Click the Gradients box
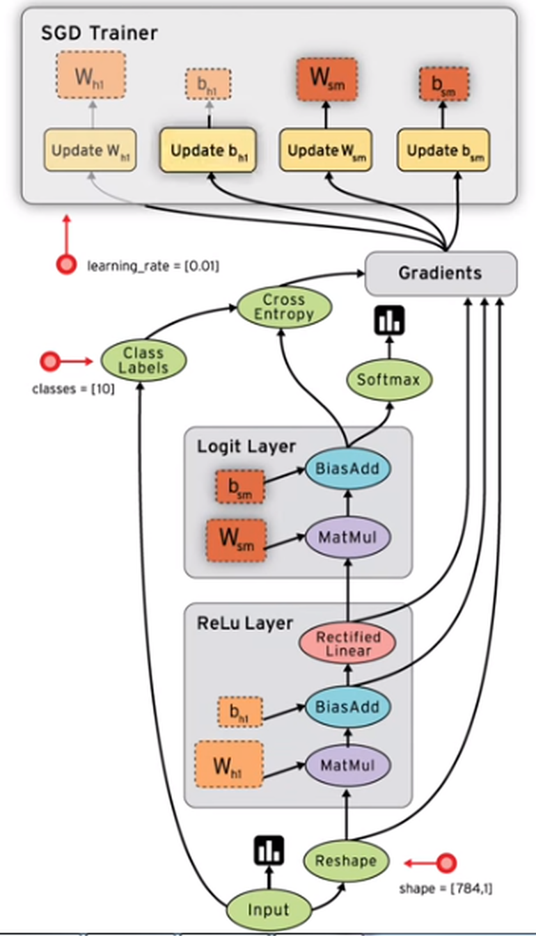point(441,273)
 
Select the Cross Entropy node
point(283,307)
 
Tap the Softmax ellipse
point(389,380)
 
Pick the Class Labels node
point(143,360)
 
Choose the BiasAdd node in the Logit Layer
point(347,468)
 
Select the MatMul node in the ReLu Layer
point(347,765)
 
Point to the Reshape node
point(345,861)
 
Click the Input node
point(268,910)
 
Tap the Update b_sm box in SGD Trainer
point(442,150)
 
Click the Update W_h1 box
point(90,150)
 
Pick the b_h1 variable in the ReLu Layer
point(239,712)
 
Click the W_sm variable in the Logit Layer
point(236,541)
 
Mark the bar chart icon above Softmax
point(389,319)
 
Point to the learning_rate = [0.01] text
point(152,265)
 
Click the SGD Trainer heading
point(99,33)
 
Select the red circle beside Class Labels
point(50,360)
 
